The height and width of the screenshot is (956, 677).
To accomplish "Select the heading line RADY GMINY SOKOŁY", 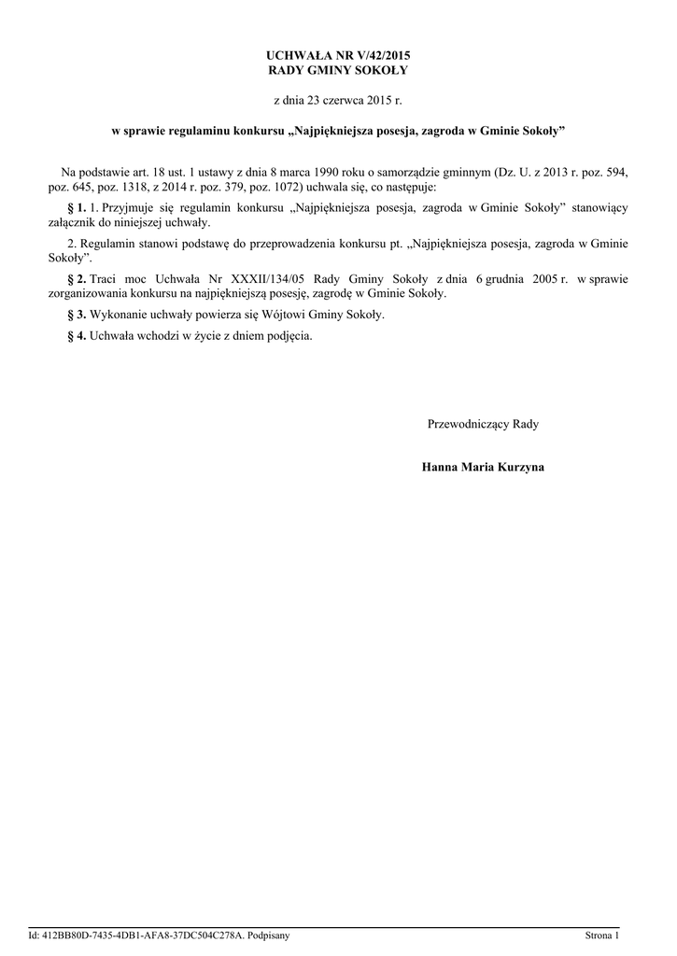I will (x=338, y=70).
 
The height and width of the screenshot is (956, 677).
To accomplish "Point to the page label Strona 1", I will (x=601, y=935).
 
